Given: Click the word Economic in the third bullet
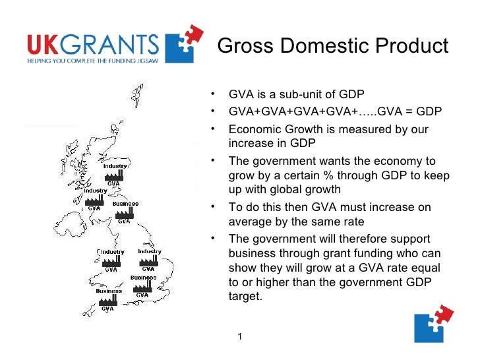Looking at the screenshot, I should click(x=255, y=129).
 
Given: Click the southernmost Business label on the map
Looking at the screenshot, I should click(x=109, y=291).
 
